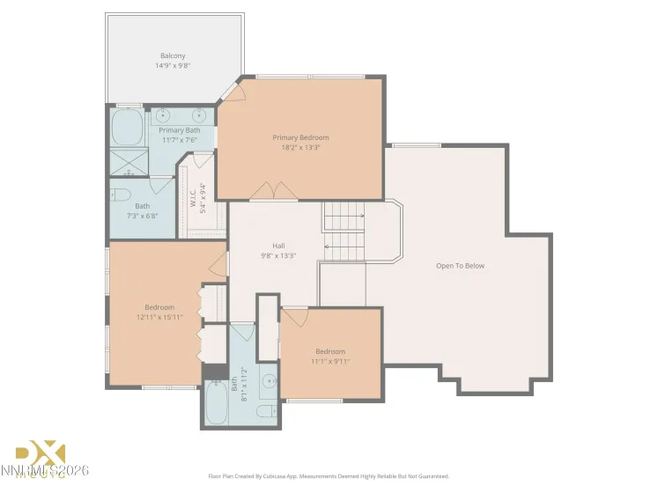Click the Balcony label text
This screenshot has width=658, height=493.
pyautogui.click(x=173, y=55)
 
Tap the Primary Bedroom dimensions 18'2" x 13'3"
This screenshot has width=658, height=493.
pyautogui.click(x=300, y=148)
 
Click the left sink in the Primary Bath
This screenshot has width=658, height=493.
pyautogui.click(x=163, y=114)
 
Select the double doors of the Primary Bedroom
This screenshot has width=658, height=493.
pyautogui.click(x=269, y=189)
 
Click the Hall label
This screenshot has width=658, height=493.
pyautogui.click(x=278, y=246)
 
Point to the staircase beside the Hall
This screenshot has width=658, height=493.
pyautogui.click(x=344, y=232)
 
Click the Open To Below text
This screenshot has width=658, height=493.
pyautogui.click(x=460, y=266)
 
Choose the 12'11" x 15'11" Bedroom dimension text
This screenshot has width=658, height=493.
pyautogui.click(x=159, y=317)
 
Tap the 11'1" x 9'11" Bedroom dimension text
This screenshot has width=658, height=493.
pyautogui.click(x=330, y=361)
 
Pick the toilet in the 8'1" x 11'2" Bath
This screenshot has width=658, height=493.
pyautogui.click(x=264, y=412)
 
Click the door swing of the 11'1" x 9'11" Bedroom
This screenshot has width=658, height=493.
pyautogui.click(x=294, y=315)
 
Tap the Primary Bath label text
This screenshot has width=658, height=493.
pyautogui.click(x=179, y=130)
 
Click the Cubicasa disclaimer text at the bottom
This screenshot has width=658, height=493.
pyautogui.click(x=329, y=475)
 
